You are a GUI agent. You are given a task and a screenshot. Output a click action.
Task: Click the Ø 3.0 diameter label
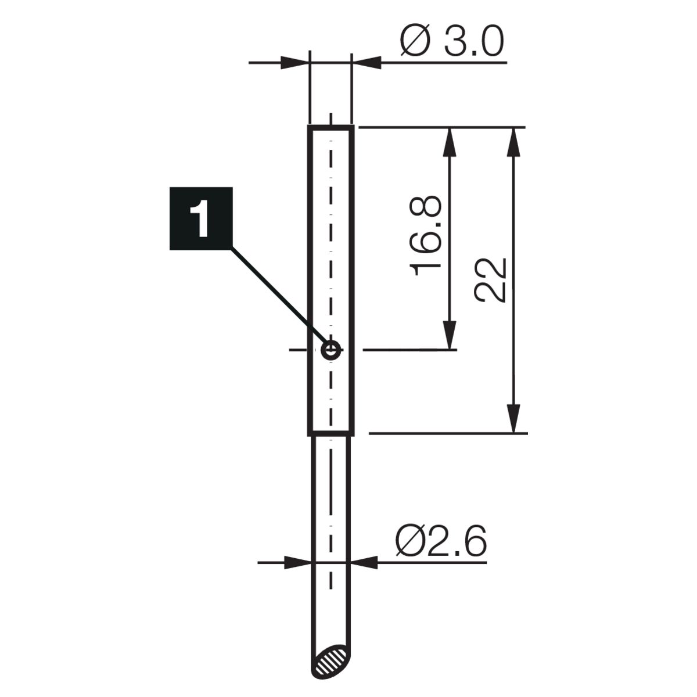(451, 41)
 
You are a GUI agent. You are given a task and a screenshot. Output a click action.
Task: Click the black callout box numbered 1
(201, 218)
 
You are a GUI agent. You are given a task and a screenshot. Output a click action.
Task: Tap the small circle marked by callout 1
(331, 350)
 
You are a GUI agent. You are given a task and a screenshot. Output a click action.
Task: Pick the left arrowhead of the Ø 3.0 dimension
(294, 63)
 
